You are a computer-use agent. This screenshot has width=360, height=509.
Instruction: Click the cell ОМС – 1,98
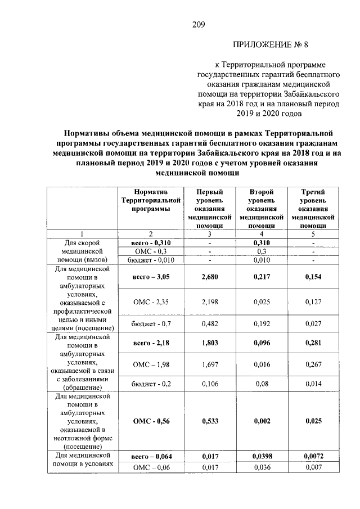coord(150,365)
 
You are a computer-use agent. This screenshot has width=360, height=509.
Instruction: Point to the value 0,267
coord(313,365)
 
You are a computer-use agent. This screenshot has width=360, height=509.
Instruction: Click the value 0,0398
coord(260,456)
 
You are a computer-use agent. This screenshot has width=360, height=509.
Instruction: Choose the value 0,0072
coord(313,456)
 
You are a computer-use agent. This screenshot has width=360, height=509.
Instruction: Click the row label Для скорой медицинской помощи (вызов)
coord(82,251)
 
